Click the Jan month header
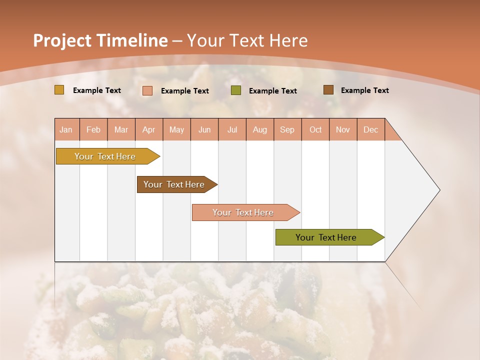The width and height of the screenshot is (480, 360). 66,129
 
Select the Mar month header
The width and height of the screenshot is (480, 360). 121,129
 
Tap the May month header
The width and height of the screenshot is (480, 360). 176,129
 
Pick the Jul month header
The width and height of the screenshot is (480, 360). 232,129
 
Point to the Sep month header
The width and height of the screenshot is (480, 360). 287,129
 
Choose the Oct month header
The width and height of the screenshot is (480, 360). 315,129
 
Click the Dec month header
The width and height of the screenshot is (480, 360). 370,129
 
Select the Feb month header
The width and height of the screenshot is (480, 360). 93,129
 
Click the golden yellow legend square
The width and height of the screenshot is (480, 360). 59,90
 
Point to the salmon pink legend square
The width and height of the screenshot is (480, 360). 147,90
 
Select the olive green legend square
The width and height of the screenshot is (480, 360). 236,90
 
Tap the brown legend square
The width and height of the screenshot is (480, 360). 328,90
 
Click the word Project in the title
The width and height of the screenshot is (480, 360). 62,40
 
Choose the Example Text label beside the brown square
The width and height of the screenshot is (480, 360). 364,90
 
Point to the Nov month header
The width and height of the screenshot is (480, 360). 342,129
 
